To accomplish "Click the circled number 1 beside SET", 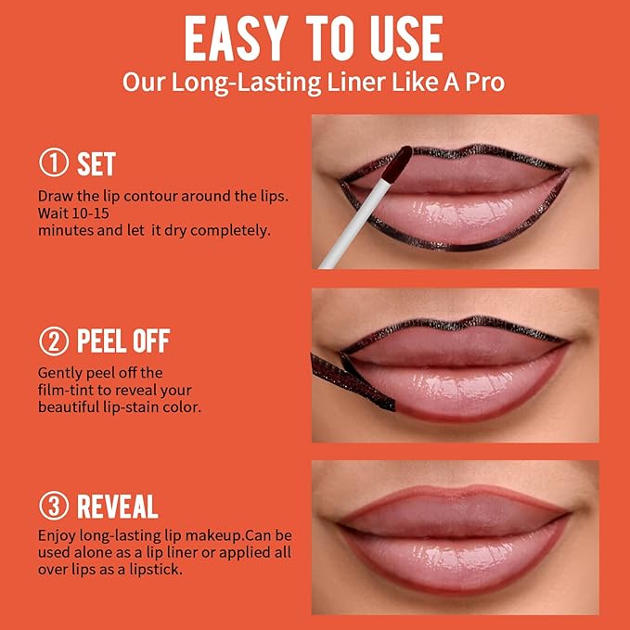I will (54, 164).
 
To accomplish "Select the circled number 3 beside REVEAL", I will (54, 507).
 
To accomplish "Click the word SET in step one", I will (96, 164).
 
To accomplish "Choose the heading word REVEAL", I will (117, 507).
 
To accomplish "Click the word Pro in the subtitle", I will (483, 81).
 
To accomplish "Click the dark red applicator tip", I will (399, 165).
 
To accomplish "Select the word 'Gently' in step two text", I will (59, 372).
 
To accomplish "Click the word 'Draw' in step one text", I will (54, 196).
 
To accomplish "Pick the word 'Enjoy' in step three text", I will (57, 536).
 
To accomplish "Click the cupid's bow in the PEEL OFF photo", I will (455, 318).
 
